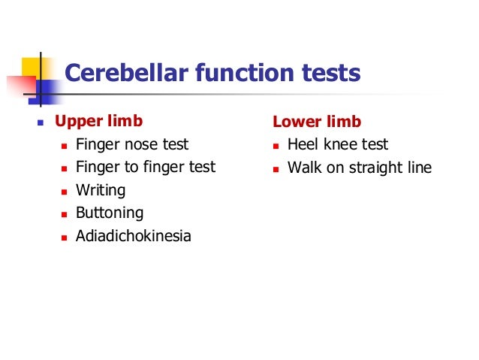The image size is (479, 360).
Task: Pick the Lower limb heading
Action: click(x=316, y=122)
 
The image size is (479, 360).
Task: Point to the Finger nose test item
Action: click(x=132, y=144)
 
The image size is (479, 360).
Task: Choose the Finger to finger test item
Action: click(x=145, y=167)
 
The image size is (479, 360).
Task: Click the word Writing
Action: click(x=101, y=190)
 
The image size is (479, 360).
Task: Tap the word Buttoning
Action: click(x=110, y=213)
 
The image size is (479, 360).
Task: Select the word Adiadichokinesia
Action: click(x=134, y=236)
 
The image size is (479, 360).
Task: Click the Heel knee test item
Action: click(x=338, y=144)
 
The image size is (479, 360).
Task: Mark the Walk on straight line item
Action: click(x=360, y=167)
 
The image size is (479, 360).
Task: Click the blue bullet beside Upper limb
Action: click(x=41, y=122)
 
